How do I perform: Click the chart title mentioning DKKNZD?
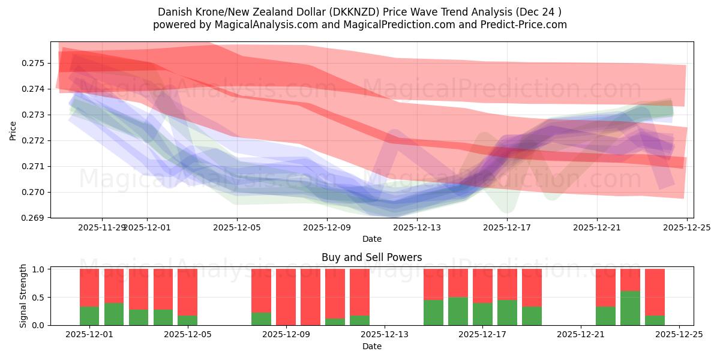(x=359, y=12)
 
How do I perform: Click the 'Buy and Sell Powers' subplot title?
(x=371, y=257)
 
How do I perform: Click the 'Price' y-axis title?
(x=13, y=130)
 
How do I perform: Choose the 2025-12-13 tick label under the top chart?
(x=417, y=227)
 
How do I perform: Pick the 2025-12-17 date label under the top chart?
(x=507, y=227)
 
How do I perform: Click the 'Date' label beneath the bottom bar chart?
(x=371, y=346)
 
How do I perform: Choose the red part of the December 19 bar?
(x=532, y=287)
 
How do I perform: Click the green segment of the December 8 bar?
(x=261, y=319)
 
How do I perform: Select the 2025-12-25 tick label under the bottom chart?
(x=679, y=335)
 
